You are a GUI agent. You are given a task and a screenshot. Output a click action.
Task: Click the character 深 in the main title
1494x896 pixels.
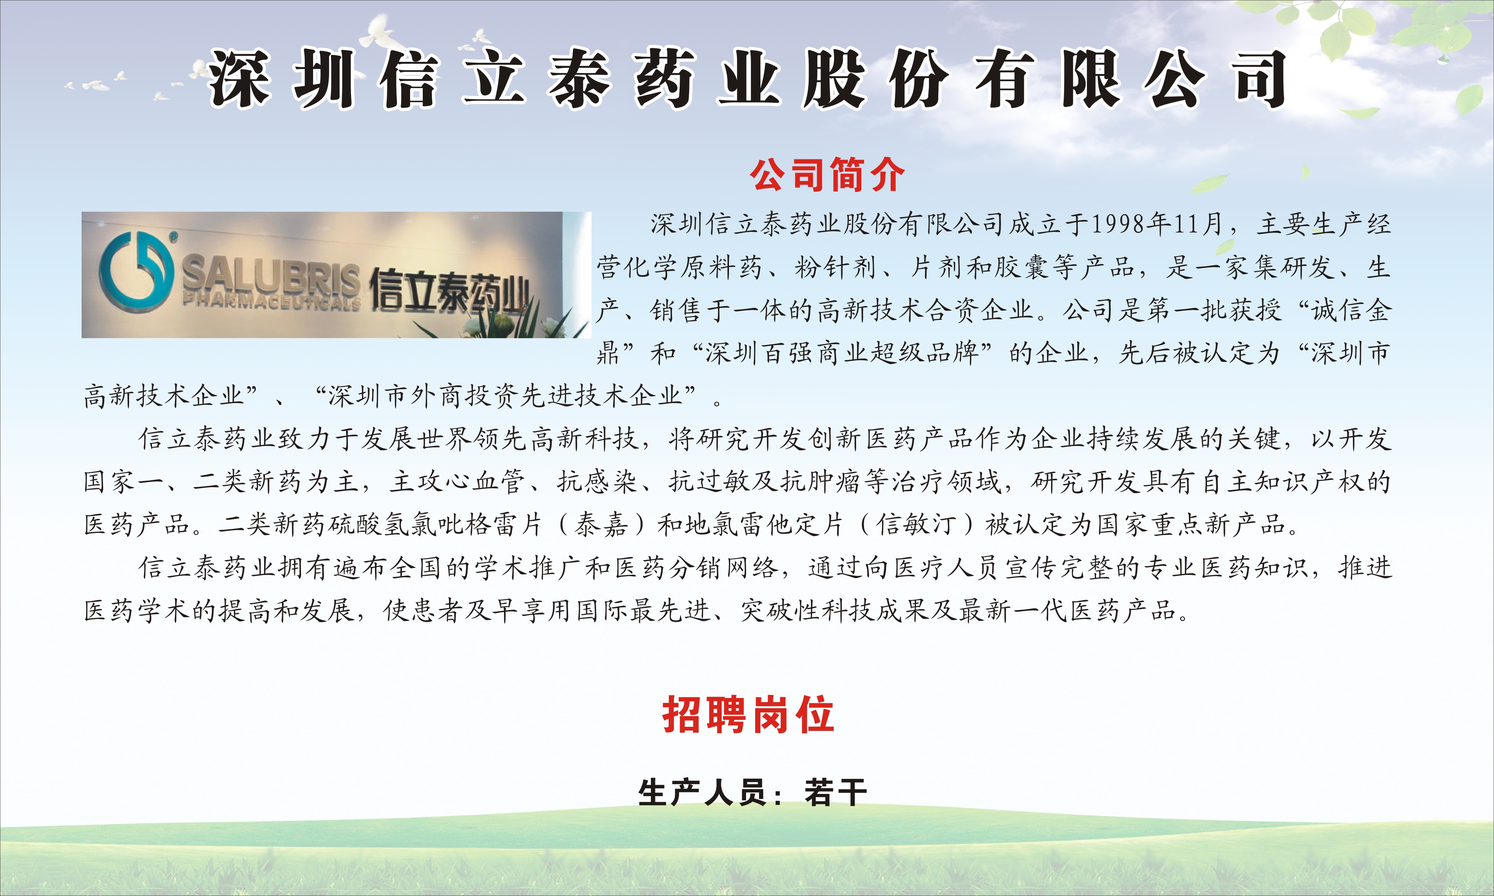click(x=239, y=79)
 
